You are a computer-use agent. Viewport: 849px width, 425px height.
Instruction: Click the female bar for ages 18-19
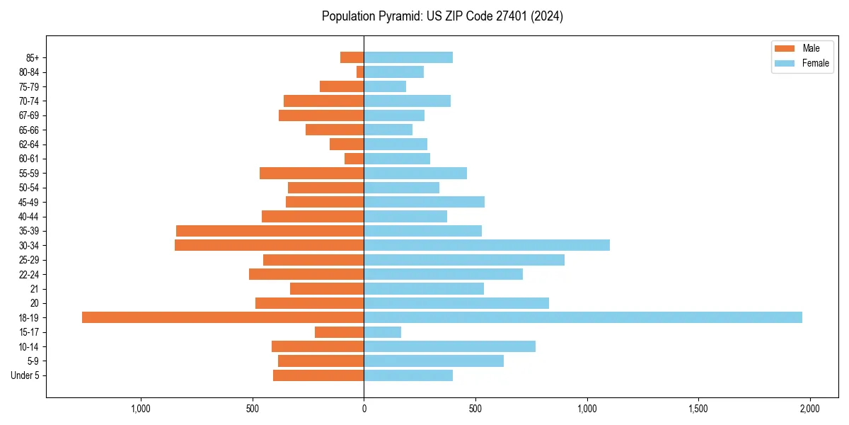tap(583, 317)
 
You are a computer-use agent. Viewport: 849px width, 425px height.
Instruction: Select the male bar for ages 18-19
tap(223, 317)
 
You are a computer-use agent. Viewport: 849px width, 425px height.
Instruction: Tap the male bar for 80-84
tap(360, 72)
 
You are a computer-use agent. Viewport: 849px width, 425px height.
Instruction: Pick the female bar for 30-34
tap(487, 245)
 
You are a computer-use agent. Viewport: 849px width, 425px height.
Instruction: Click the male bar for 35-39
tap(270, 231)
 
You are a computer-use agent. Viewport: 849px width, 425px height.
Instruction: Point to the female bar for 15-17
tap(382, 332)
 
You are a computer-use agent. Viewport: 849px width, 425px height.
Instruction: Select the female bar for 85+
tap(408, 57)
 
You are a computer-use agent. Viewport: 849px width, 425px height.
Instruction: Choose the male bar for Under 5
tap(318, 375)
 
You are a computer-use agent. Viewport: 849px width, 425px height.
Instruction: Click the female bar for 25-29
tap(464, 260)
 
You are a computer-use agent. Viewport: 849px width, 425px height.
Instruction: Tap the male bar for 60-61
tap(354, 159)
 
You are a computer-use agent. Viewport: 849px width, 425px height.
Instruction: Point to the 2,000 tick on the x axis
tap(809, 409)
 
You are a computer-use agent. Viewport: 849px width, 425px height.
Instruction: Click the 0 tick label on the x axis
tap(364, 409)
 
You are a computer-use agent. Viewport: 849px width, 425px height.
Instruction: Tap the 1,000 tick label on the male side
tap(141, 409)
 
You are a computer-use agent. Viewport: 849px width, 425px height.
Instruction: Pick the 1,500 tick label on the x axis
tap(698, 409)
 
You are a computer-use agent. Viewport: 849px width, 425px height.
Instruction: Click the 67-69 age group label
tap(29, 115)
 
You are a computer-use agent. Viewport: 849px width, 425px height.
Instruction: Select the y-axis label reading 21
tap(35, 289)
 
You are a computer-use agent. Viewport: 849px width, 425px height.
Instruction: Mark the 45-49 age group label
tap(29, 202)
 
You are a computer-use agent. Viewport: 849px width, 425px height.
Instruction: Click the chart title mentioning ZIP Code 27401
tap(442, 16)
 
